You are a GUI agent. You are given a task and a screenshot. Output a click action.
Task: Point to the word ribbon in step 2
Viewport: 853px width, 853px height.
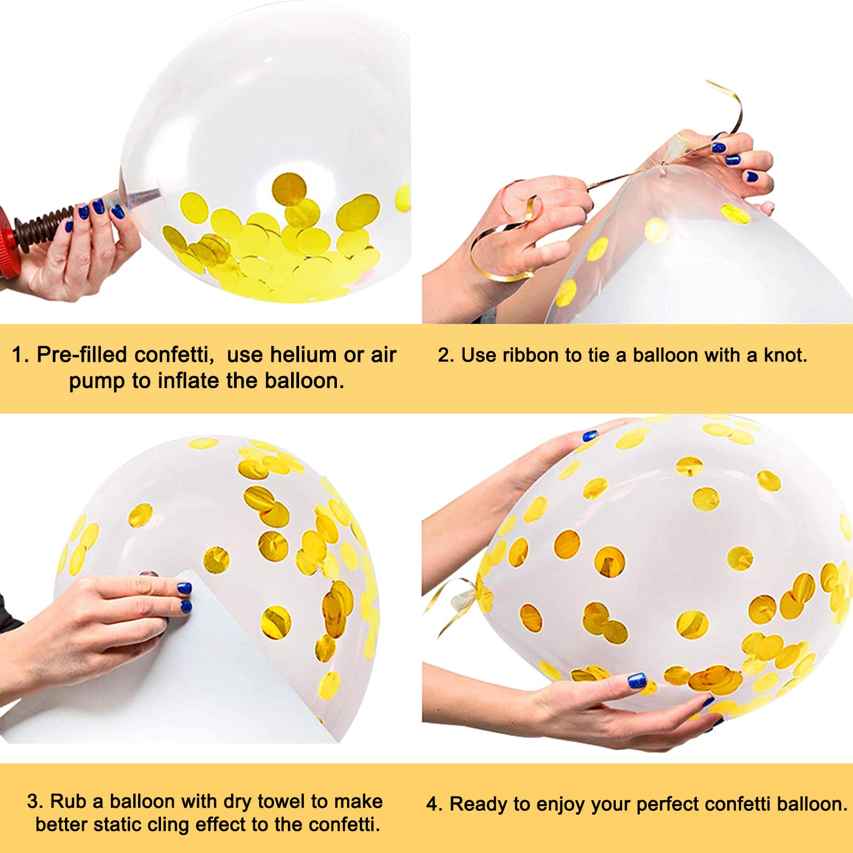pos(531,355)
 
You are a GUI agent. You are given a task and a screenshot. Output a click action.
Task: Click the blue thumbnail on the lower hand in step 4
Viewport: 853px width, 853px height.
pos(637,681)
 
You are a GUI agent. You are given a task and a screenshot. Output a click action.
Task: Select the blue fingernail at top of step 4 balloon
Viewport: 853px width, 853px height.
pos(589,436)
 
